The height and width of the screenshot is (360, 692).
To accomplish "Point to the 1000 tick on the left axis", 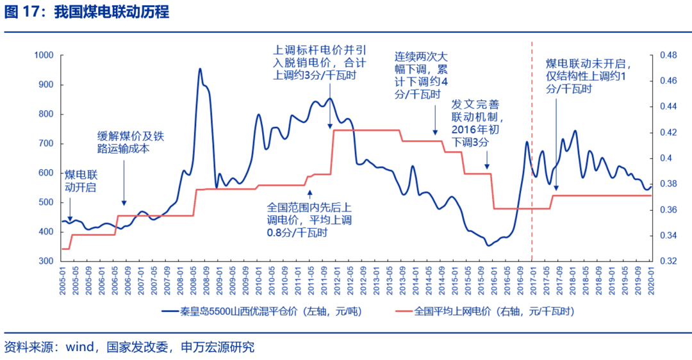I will click(x=43, y=56).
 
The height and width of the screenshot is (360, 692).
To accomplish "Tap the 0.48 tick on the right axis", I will click(x=664, y=56).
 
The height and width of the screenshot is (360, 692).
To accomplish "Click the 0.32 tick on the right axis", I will click(x=664, y=261).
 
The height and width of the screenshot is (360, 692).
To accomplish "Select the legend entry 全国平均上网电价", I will click(x=493, y=312).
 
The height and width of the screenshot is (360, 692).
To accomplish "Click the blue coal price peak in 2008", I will click(x=200, y=69).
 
